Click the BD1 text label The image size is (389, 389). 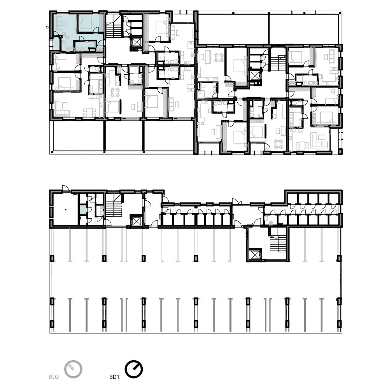coord(114,377)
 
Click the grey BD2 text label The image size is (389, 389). coord(54,377)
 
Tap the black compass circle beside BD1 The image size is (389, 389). coord(134,369)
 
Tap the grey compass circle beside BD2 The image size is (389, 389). coord(73,369)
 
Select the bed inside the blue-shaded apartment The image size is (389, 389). coord(85,23)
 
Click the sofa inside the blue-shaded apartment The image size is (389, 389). coord(59,24)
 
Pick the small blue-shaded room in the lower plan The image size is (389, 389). coord(83,210)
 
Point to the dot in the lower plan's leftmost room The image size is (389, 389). coord(66,210)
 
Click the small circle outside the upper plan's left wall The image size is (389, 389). coord(47,27)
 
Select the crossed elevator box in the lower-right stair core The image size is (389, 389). coord(254,254)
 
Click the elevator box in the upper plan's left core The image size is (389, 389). coord(136,42)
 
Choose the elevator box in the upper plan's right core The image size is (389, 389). coord(254,76)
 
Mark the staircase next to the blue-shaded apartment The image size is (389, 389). coord(115,26)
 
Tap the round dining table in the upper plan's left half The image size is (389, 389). coord(115,93)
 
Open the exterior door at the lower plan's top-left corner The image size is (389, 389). coord(65,188)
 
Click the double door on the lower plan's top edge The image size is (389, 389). coord(237,202)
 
